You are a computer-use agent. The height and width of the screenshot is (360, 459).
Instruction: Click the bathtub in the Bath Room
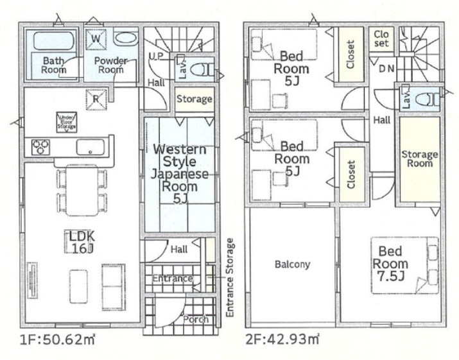(x=53, y=40)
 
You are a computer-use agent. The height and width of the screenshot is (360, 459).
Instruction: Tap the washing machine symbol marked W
(x=96, y=39)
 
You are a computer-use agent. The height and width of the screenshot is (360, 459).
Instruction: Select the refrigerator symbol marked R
(x=96, y=99)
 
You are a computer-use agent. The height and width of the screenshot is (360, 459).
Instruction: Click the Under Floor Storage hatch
(x=67, y=122)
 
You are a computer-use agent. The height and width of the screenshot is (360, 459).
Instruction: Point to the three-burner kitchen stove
(x=40, y=147)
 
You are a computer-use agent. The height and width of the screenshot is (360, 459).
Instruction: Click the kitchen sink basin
(x=90, y=147)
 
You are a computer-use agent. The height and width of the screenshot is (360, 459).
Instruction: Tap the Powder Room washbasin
(x=126, y=39)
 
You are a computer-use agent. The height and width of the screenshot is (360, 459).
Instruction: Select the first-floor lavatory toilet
(x=202, y=70)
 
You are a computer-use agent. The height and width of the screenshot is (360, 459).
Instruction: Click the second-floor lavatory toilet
(x=428, y=99)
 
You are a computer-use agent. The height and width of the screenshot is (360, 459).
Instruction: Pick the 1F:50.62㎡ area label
(x=57, y=339)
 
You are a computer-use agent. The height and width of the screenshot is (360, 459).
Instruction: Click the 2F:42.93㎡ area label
(x=282, y=339)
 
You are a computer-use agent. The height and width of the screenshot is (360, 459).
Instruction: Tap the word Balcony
(x=292, y=264)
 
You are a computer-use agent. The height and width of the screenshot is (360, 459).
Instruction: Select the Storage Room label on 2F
(x=420, y=159)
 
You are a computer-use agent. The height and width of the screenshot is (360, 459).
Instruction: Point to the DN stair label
(x=386, y=69)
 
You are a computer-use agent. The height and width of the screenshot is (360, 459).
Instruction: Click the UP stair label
(x=156, y=56)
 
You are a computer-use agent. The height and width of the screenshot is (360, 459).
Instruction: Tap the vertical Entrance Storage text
(x=230, y=277)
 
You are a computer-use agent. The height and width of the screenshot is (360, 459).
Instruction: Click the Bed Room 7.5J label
(x=390, y=264)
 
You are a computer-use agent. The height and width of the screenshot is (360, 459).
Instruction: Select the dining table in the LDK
(x=82, y=190)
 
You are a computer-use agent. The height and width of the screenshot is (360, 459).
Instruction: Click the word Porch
(x=196, y=319)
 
